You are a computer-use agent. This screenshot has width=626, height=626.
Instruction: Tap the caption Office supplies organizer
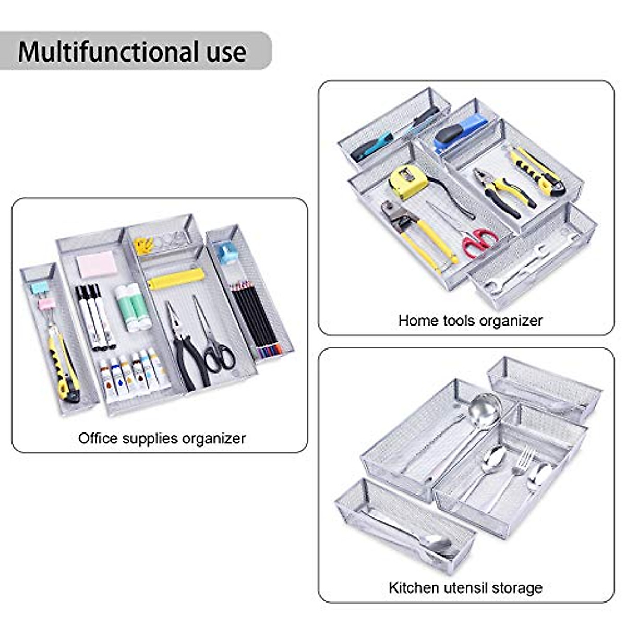point(162,438)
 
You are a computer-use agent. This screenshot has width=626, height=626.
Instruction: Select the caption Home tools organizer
point(470,320)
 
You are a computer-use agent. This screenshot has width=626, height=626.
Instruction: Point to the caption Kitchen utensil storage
point(465,588)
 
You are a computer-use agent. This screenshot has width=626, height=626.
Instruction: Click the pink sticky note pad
point(97,263)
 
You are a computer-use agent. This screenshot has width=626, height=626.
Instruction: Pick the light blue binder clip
point(39,287)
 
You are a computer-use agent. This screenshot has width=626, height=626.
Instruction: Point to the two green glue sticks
point(133,308)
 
